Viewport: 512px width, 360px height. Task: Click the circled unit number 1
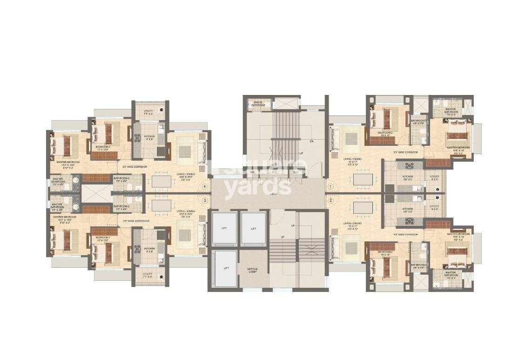tap(331, 186)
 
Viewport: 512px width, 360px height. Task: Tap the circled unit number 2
tap(331, 201)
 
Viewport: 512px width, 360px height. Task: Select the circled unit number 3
tap(205, 201)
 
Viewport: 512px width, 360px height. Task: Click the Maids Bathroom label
tap(258, 103)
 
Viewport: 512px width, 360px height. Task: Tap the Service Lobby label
tap(253, 270)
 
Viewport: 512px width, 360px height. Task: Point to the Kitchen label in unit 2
tap(408, 210)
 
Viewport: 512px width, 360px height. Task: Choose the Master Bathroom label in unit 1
tap(451, 110)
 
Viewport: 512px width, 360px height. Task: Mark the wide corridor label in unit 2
tap(405, 234)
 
